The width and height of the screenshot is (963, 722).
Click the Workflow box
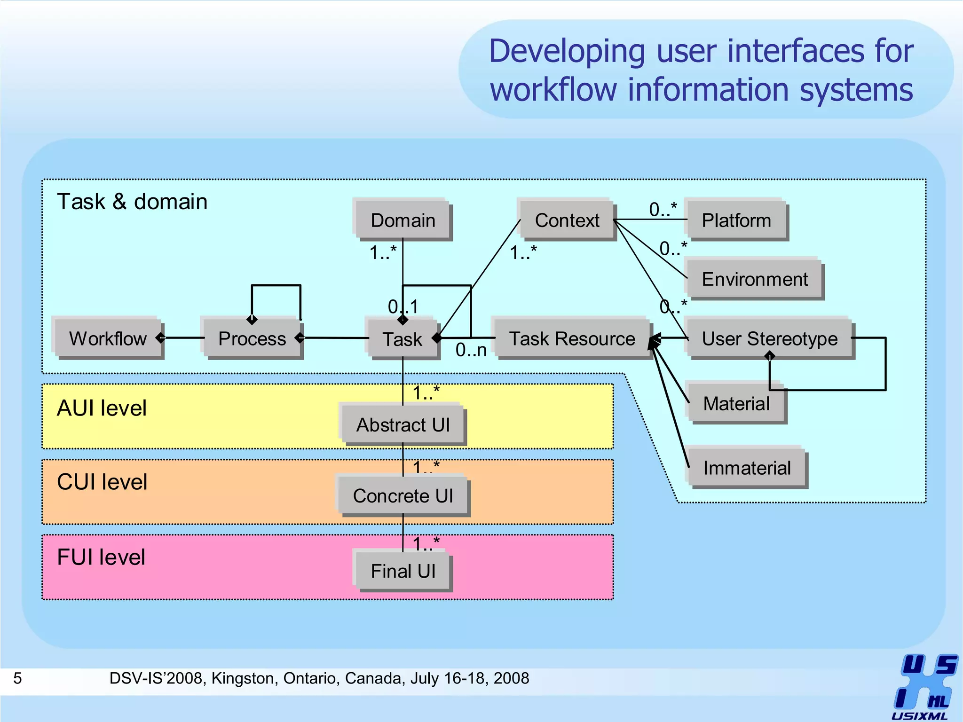point(108,338)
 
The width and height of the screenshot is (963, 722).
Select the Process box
point(252,338)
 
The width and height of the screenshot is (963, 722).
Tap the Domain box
point(403,220)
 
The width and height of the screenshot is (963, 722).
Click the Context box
point(567,220)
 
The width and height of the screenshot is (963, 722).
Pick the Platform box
point(736,220)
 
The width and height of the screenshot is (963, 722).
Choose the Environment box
point(754,279)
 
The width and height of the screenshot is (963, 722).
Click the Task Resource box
point(572,338)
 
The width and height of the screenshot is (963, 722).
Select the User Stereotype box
point(769,338)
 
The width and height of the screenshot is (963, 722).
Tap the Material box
point(736,403)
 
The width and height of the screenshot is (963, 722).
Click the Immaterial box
point(747,468)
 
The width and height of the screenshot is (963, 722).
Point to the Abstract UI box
point(403,424)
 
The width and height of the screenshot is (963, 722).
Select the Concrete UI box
point(403,496)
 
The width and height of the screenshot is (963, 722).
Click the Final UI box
point(403,571)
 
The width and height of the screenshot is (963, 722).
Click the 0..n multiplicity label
point(471,350)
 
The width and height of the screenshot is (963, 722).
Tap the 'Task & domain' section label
point(132,202)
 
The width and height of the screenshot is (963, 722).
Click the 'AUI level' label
point(102,408)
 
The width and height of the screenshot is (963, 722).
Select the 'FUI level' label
point(101,557)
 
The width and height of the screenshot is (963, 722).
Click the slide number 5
point(17,678)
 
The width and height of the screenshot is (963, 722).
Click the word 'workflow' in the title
point(553,90)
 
